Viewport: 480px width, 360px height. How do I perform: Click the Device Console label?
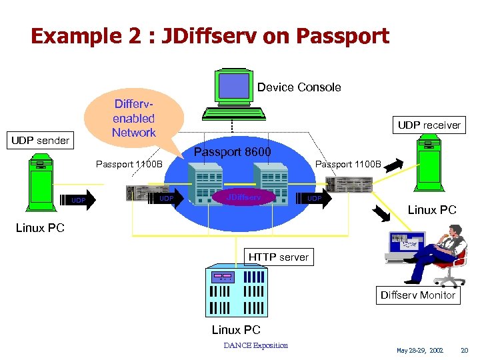click(299, 87)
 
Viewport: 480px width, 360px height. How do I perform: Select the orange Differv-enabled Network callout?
click(135, 119)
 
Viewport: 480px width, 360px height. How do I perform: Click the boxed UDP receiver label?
click(429, 125)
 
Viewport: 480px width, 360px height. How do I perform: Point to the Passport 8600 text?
click(232, 152)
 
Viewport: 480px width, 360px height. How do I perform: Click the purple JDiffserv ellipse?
click(243, 197)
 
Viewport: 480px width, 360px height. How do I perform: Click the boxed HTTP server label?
click(279, 257)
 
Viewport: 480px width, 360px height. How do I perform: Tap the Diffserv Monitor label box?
click(417, 295)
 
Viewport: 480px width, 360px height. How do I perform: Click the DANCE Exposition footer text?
click(256, 345)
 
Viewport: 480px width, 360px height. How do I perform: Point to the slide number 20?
click(465, 349)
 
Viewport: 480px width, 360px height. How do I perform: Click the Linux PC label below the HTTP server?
click(236, 330)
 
